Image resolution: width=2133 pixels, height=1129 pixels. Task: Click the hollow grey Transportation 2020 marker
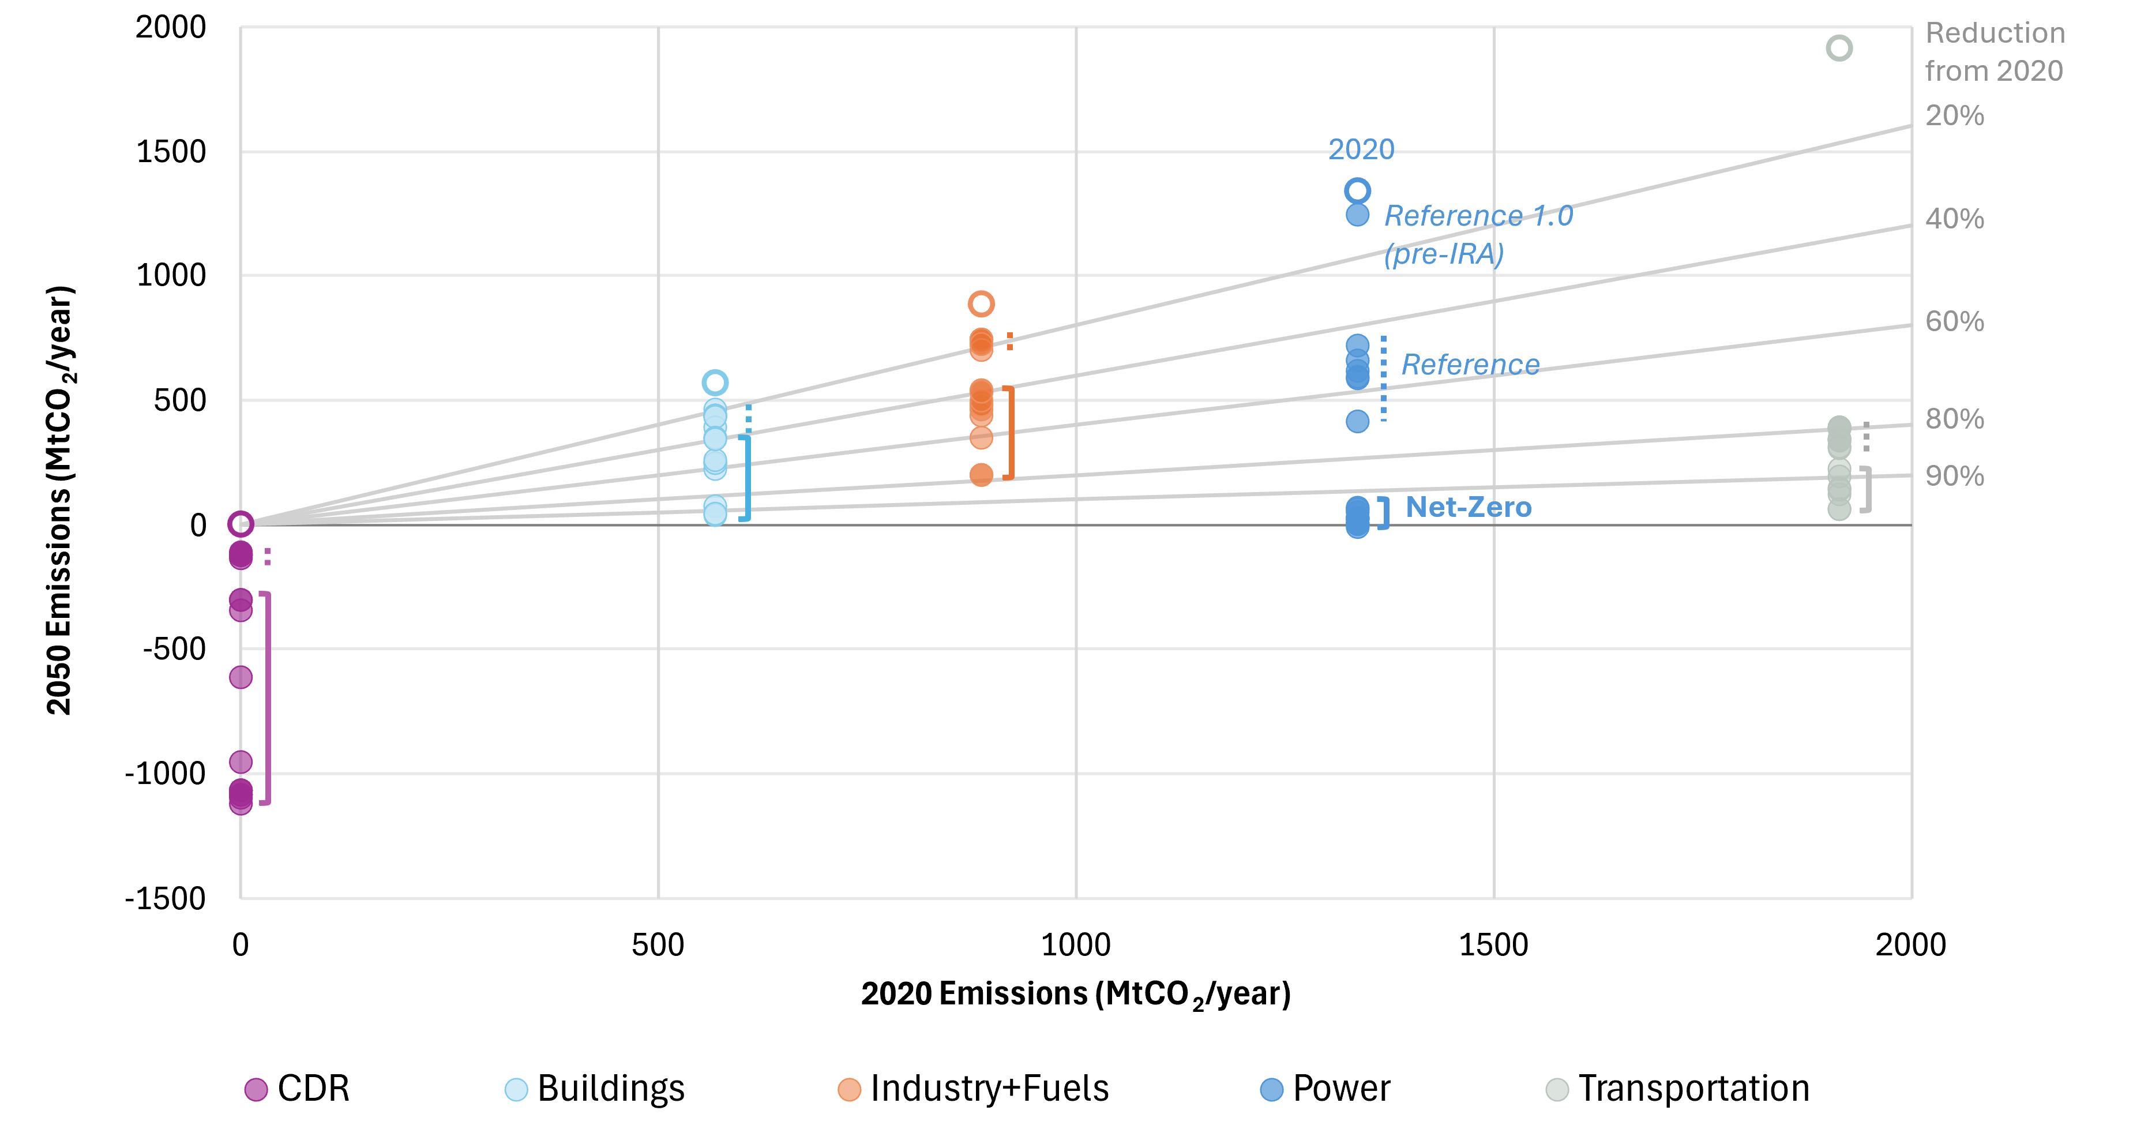coord(1838,48)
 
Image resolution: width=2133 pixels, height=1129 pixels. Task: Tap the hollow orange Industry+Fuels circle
coord(981,304)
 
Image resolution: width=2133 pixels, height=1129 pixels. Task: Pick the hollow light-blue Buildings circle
coord(715,382)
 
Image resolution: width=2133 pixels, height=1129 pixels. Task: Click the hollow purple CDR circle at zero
coord(240,523)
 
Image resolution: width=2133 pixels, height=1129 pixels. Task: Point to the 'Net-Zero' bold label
coord(1468,507)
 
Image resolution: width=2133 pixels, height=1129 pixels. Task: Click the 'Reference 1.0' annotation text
coord(1478,216)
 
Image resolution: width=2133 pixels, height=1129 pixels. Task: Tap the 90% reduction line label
coord(1954,477)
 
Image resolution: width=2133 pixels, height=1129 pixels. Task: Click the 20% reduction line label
coord(1954,115)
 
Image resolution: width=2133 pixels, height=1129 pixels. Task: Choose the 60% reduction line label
coord(1954,321)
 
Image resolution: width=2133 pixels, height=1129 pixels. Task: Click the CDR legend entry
coord(298,1089)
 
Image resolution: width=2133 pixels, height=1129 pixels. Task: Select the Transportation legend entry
coord(1678,1089)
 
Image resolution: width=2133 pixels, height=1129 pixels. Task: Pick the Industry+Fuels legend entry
coord(974,1089)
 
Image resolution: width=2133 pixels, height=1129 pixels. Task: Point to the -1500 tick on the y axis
coord(165,898)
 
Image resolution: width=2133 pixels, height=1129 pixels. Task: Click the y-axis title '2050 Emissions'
coord(59,500)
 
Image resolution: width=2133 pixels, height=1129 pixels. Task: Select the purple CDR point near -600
coord(240,677)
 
